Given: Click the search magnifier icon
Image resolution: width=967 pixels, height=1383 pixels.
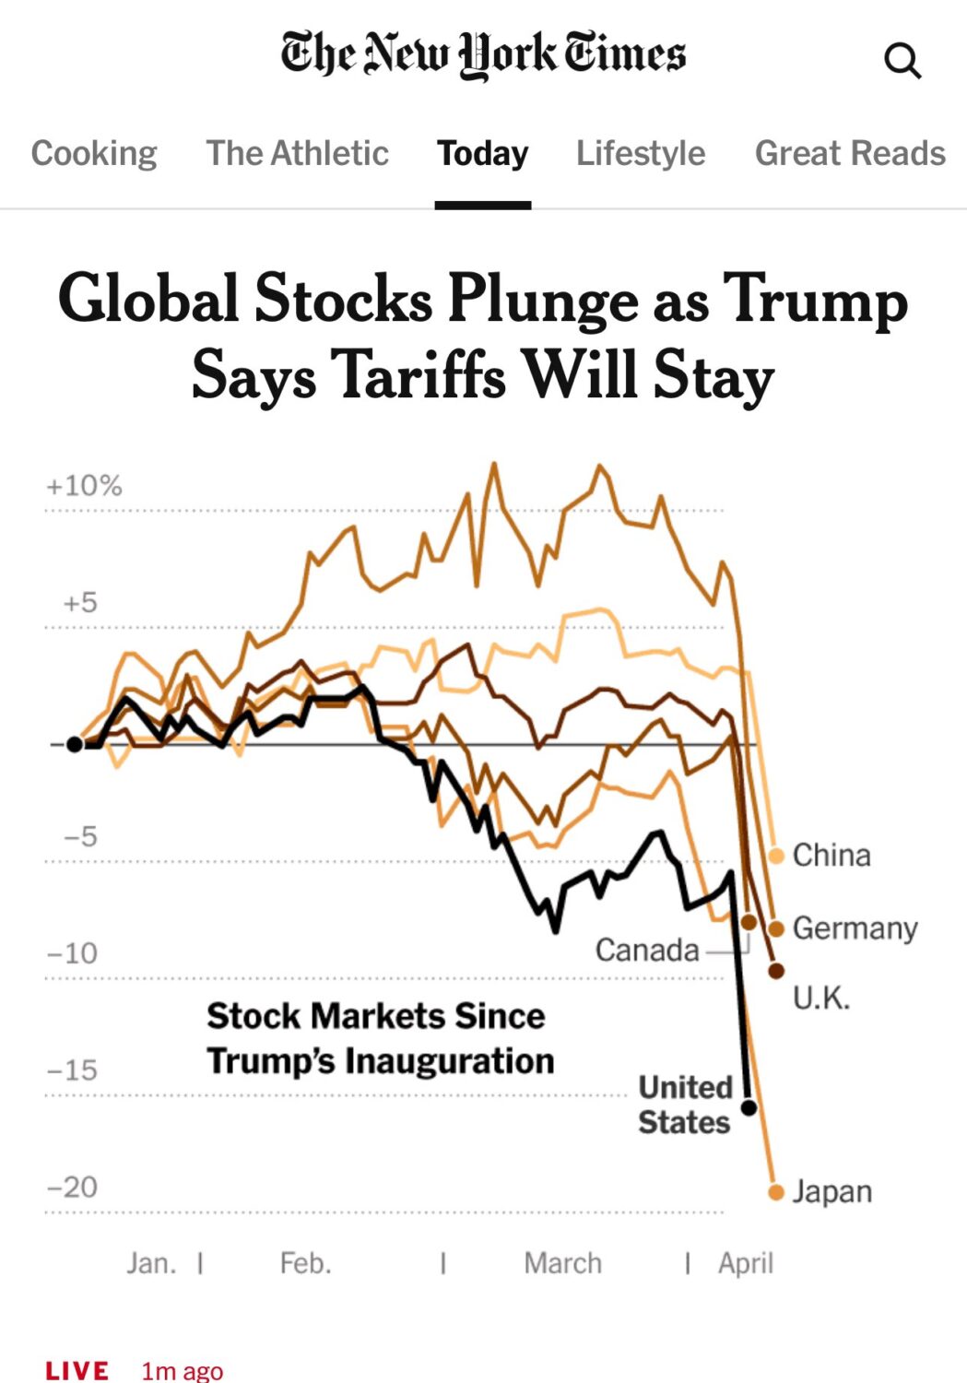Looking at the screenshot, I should click(x=902, y=61).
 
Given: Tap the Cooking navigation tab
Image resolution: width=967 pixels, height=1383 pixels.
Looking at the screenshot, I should click(x=94, y=153).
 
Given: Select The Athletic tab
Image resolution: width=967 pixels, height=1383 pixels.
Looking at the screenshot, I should click(x=297, y=153).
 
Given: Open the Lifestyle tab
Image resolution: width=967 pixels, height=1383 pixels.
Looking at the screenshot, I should click(x=641, y=153).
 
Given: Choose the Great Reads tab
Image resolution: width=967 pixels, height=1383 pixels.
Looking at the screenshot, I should click(x=850, y=153).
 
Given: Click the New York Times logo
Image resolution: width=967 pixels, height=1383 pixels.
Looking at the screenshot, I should click(x=483, y=53).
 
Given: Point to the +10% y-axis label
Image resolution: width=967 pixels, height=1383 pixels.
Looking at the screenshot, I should click(x=84, y=486).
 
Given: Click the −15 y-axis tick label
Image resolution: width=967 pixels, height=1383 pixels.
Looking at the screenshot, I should click(x=72, y=1070).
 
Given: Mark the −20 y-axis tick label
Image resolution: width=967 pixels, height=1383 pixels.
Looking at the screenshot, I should click(x=72, y=1187).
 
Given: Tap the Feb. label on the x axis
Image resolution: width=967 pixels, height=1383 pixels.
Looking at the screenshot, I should click(x=305, y=1263).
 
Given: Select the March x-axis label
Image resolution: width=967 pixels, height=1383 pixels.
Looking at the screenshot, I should click(x=562, y=1263).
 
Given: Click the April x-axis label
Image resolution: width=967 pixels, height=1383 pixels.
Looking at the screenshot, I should click(x=746, y=1263).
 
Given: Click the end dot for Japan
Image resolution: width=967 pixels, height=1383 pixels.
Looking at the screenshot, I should click(x=776, y=1192).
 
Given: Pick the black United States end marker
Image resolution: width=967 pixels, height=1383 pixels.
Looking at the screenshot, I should click(x=749, y=1106).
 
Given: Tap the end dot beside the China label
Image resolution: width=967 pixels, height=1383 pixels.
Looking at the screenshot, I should click(x=776, y=856).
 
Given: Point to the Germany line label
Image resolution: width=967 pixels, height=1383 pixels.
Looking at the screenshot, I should click(x=855, y=928).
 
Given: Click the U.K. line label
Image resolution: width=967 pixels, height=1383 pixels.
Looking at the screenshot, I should click(x=821, y=998).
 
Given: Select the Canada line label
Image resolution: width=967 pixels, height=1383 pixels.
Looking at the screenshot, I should click(x=647, y=950).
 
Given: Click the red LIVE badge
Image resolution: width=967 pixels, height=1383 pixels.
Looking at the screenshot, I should click(x=77, y=1371).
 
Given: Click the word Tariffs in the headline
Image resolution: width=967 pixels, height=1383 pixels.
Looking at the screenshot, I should click(x=419, y=375).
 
